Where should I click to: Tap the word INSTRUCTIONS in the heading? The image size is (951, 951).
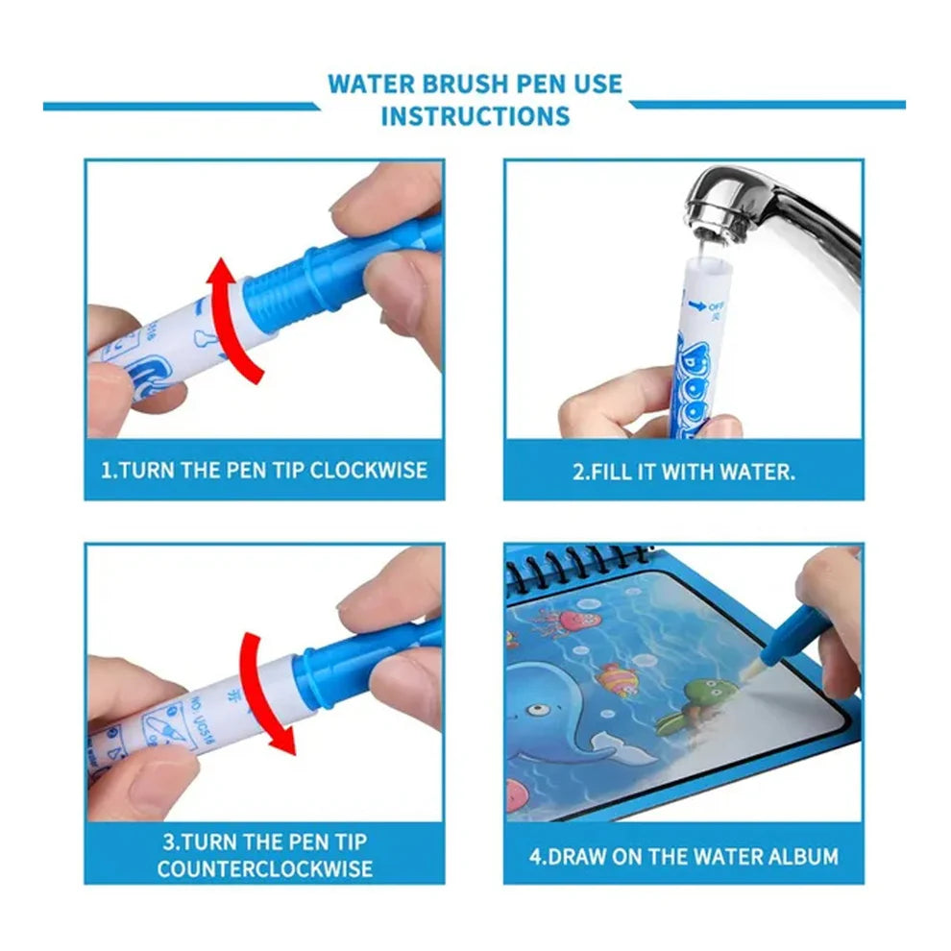pos(475,116)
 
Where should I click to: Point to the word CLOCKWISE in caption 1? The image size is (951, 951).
pos(369,471)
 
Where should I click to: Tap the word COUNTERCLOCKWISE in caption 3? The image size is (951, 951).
pos(265,868)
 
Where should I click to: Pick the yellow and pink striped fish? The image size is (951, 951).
pos(617,680)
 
